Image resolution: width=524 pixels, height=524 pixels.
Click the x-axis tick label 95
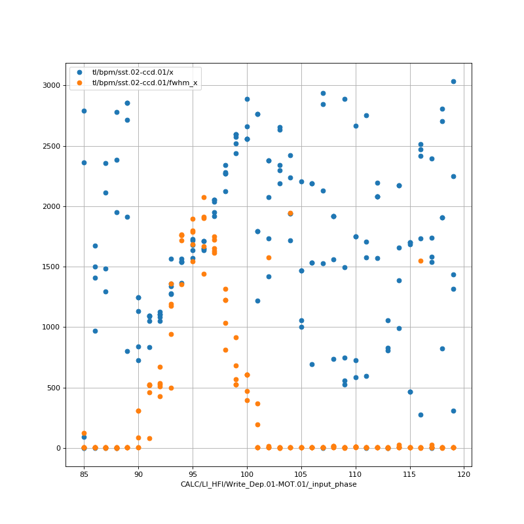[193, 472]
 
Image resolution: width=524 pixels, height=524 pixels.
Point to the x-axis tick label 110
[356, 472]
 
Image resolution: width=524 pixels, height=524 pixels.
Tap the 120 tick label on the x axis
[464, 472]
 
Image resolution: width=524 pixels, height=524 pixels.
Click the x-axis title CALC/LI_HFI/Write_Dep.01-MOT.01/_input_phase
[269, 484]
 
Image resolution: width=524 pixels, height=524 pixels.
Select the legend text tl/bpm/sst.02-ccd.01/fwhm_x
[145, 83]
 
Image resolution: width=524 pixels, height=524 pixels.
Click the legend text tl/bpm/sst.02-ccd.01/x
[133, 72]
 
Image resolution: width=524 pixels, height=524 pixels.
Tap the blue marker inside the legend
[80, 72]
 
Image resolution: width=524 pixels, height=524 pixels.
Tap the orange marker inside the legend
[80, 83]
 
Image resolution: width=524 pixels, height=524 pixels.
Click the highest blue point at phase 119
[453, 81]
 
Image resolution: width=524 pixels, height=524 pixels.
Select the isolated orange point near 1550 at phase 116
[421, 261]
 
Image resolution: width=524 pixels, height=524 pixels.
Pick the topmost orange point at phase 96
[204, 197]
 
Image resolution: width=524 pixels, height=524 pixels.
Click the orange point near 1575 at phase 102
[269, 257]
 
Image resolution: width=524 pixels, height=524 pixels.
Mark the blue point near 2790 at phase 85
[84, 111]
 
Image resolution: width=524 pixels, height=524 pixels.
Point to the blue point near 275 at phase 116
[421, 415]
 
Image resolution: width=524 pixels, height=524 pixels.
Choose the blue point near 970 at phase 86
[95, 331]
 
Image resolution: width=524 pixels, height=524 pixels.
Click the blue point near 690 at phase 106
[312, 364]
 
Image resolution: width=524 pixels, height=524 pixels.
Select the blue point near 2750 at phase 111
[366, 115]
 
